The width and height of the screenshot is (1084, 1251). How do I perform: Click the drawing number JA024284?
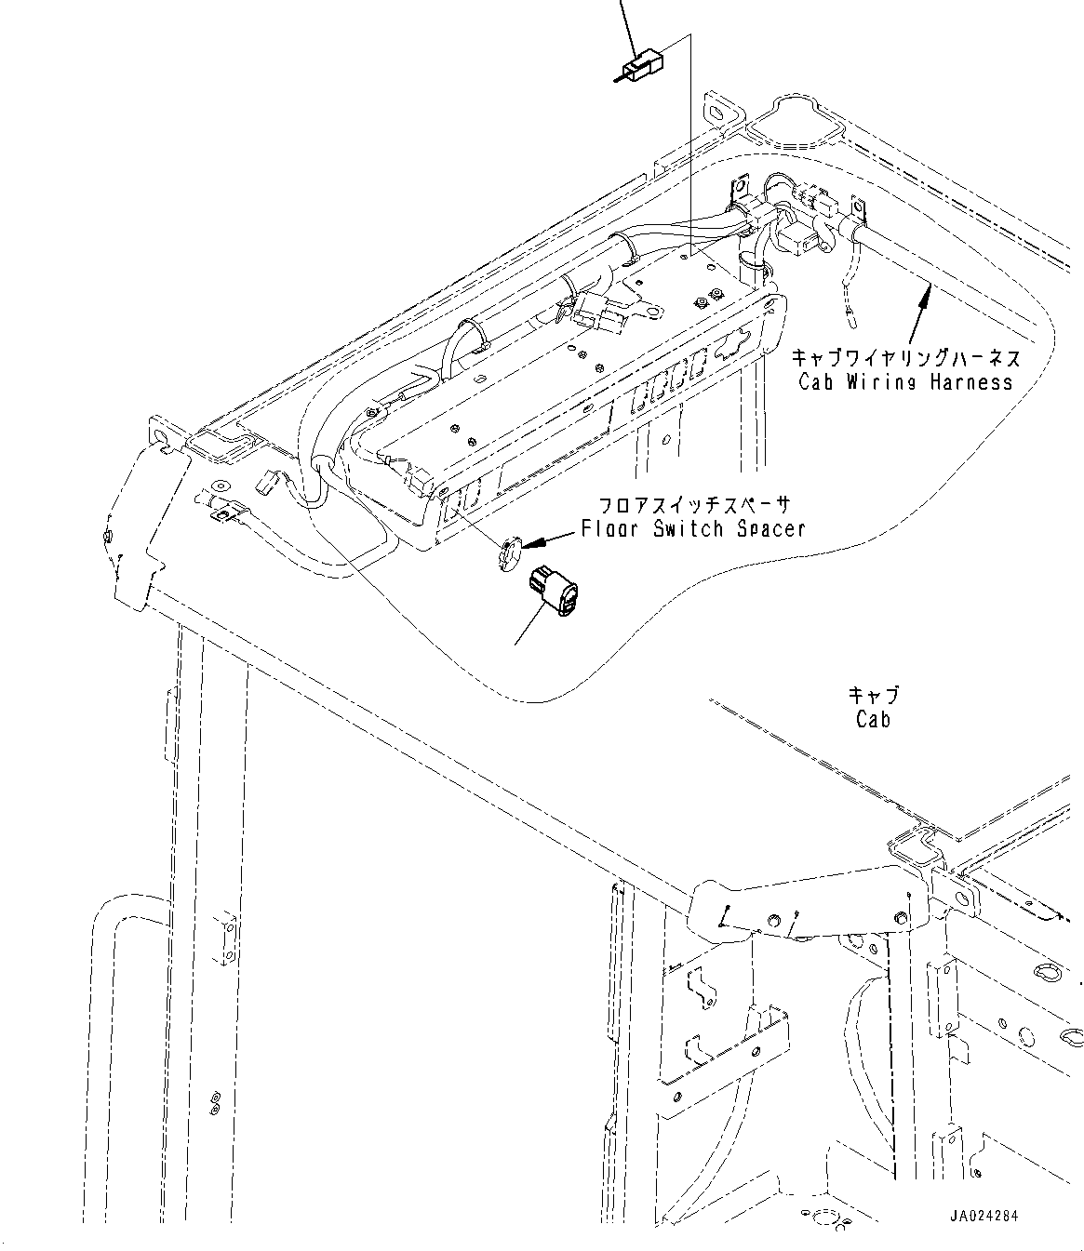point(984,1216)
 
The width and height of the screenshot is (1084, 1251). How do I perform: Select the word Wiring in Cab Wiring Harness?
point(880,381)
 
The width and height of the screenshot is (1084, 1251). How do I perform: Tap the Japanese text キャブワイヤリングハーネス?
point(904,358)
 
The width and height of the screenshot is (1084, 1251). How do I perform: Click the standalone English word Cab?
point(872,719)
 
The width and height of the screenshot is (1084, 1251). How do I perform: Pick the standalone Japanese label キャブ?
point(873,696)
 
